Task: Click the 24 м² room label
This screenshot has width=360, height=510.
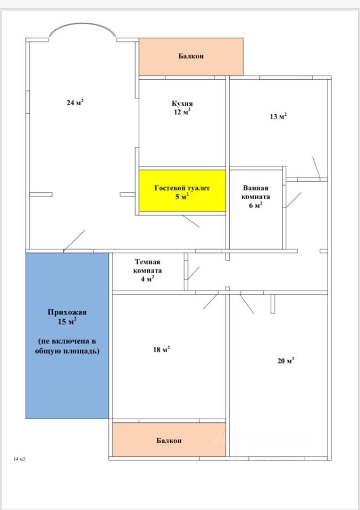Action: pos(75,103)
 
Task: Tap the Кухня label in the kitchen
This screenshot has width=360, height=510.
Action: pos(182,104)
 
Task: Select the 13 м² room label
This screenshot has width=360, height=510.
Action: pos(278,116)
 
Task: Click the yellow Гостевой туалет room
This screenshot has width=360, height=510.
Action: pos(182,191)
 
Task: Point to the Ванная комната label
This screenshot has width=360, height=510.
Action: pos(256,192)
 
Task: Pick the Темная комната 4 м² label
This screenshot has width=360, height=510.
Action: pos(147,270)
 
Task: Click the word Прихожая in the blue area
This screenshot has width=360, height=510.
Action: pos(67,312)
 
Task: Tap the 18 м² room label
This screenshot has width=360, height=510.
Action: pos(162,350)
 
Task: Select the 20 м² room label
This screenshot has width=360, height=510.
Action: pos(286,360)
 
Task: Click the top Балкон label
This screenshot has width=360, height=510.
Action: pos(191,56)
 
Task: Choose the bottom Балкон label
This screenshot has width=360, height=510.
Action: pos(169,441)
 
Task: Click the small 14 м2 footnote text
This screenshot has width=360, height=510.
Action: pos(20,459)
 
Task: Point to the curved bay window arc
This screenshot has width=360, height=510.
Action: pos(82,25)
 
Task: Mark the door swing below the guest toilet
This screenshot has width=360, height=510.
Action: pos(191,221)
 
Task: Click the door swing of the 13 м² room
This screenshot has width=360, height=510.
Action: pos(316,167)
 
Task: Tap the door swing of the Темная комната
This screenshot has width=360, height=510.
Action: pos(194,273)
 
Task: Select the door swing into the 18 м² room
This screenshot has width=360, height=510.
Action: pos(210,302)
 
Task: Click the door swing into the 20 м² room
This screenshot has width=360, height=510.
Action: pos(247,304)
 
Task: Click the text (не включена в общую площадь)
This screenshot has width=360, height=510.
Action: pos(67,346)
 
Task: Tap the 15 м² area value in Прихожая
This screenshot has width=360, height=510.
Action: pos(67,322)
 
